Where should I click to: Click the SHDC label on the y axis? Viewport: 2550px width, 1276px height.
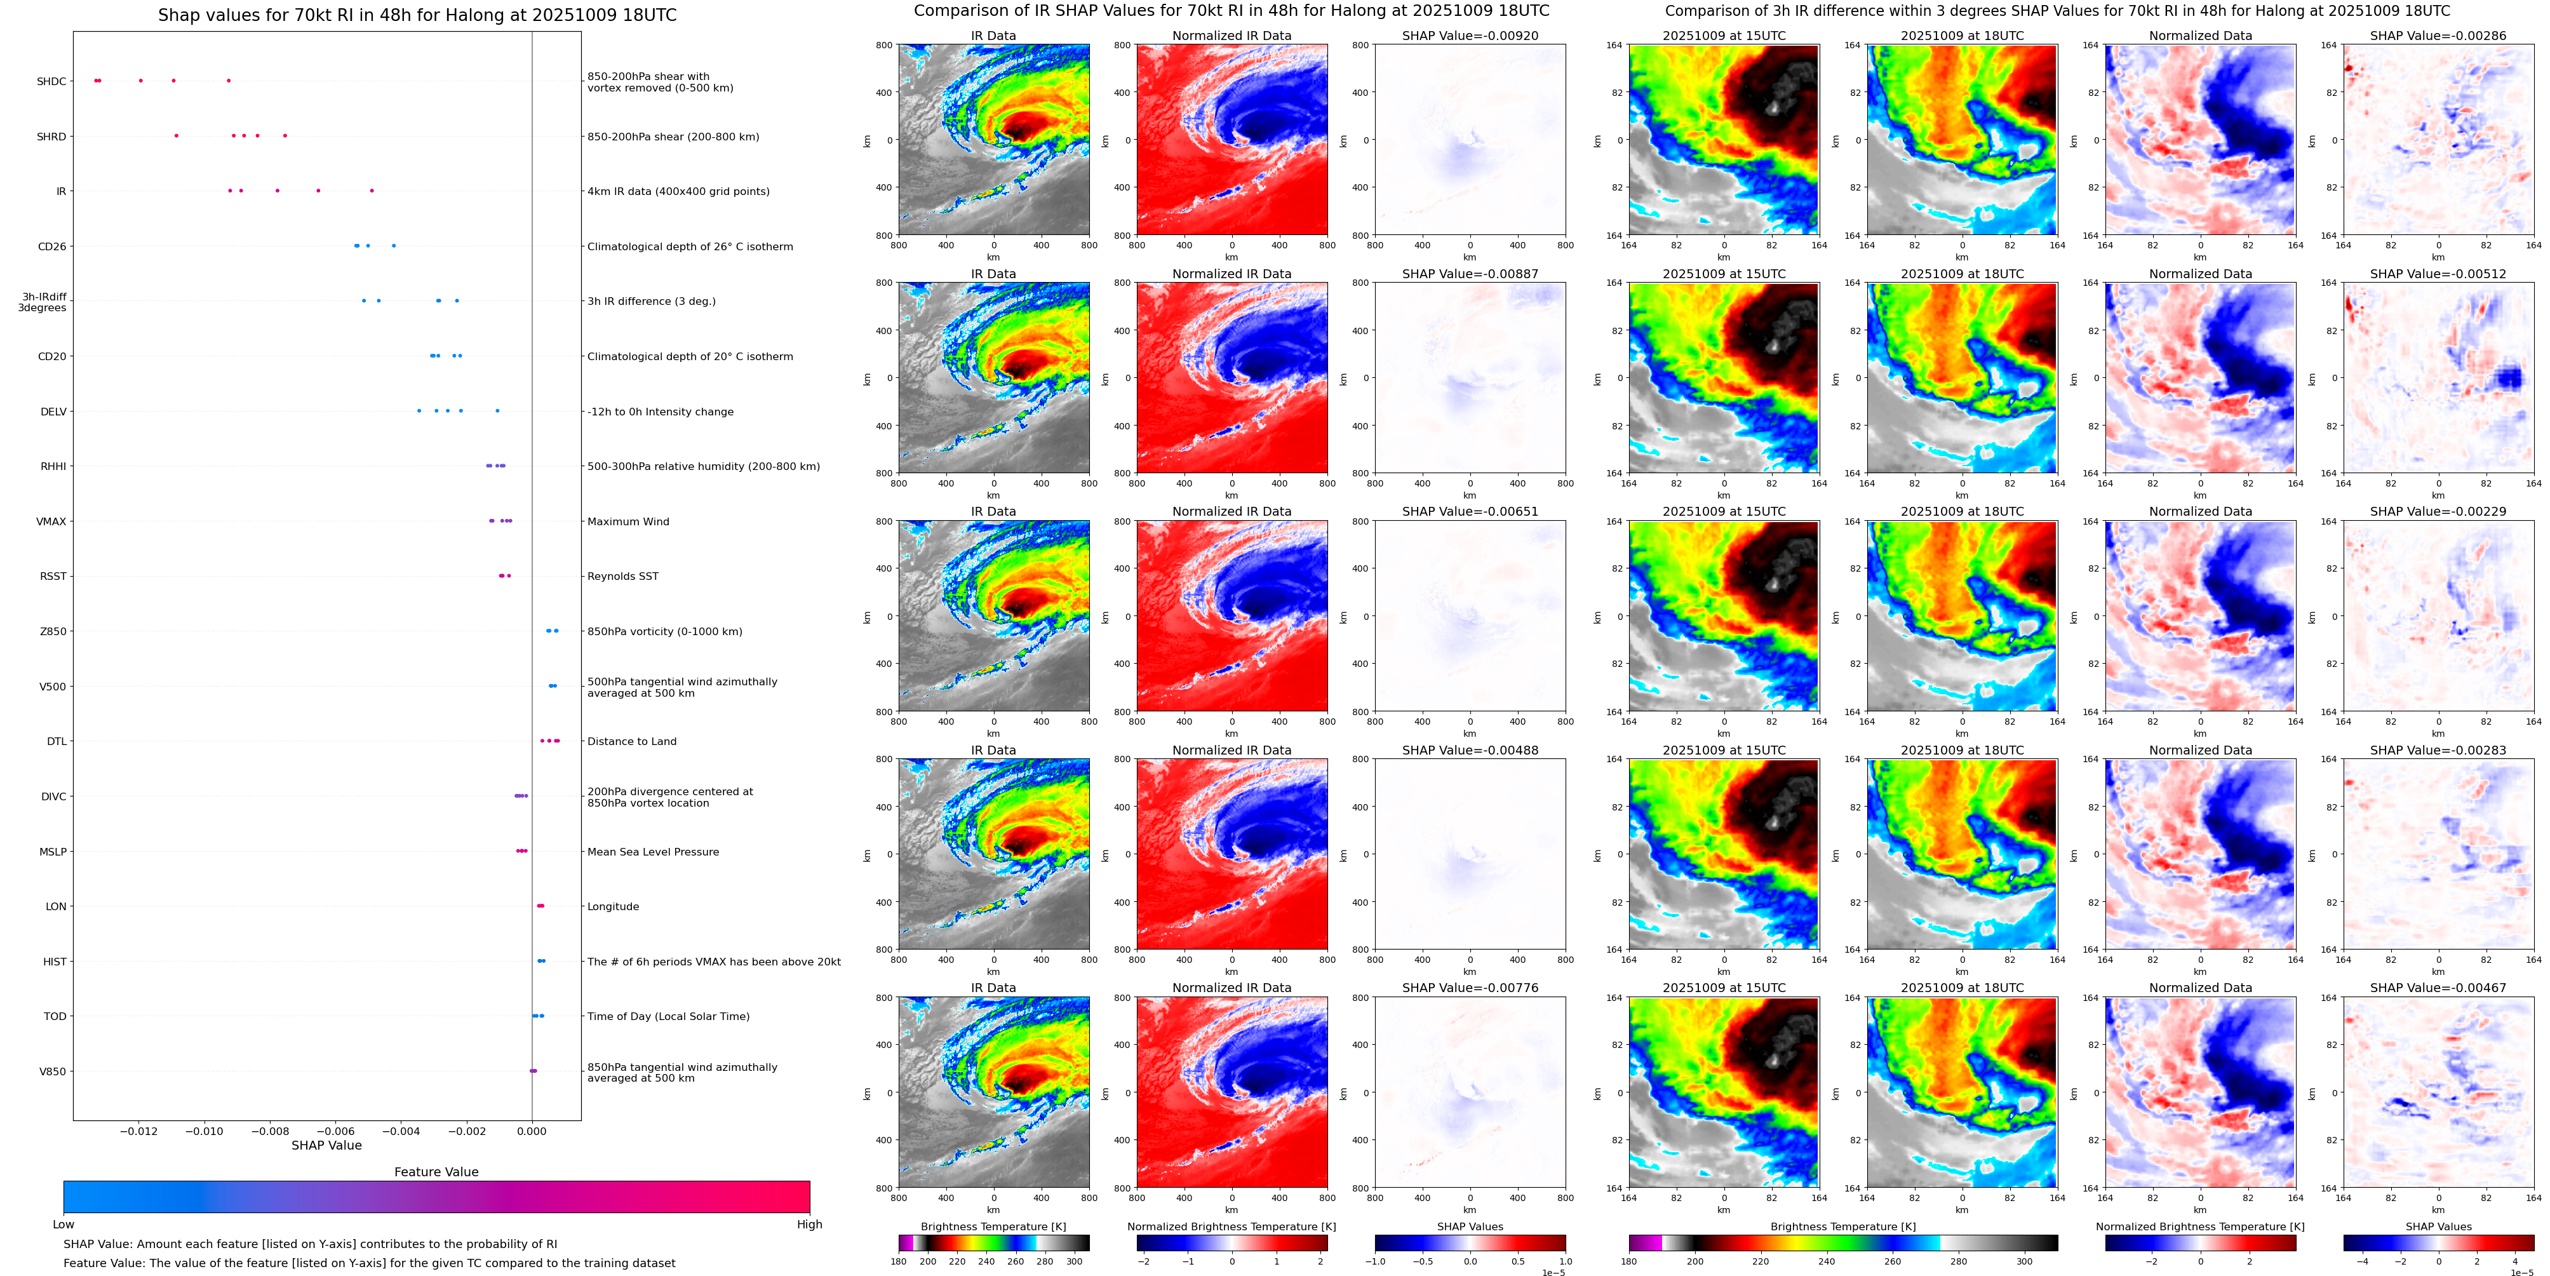[51, 81]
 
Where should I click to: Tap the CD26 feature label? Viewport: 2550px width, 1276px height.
[51, 246]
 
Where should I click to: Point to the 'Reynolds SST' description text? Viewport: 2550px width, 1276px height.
[622, 576]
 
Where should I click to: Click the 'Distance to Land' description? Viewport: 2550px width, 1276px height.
[631, 741]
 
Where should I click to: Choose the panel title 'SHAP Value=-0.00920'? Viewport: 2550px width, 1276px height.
[1470, 36]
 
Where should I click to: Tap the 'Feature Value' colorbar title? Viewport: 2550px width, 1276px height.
[436, 1172]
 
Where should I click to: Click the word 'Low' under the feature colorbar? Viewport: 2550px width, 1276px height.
[64, 1225]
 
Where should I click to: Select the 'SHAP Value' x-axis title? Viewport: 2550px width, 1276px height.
[326, 1145]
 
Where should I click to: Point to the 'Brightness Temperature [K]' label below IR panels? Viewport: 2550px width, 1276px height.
[993, 1226]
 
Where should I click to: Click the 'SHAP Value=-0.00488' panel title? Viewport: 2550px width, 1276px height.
[1470, 750]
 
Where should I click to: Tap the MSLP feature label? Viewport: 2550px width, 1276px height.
[53, 851]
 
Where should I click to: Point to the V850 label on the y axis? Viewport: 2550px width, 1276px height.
[53, 1071]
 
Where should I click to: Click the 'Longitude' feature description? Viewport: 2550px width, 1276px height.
[613, 907]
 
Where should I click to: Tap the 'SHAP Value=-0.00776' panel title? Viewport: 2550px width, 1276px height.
[1470, 988]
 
